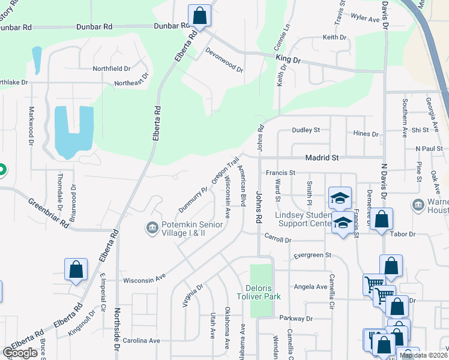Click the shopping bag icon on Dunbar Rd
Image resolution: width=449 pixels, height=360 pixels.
point(199,16)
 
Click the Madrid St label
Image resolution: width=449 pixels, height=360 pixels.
point(323,157)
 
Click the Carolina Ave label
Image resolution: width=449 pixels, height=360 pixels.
point(142,340)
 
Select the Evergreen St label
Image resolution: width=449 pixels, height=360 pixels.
point(312,255)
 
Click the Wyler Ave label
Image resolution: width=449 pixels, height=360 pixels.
point(366,19)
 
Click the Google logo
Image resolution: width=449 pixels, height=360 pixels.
point(20,353)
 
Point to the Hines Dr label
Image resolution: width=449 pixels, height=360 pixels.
point(366,134)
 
